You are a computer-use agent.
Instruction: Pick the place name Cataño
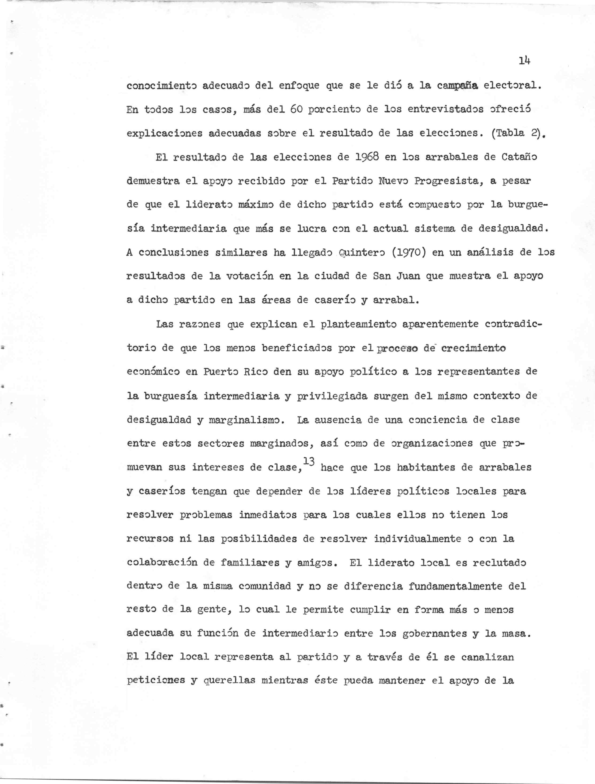(519, 157)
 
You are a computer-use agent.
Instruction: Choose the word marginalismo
(247, 420)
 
